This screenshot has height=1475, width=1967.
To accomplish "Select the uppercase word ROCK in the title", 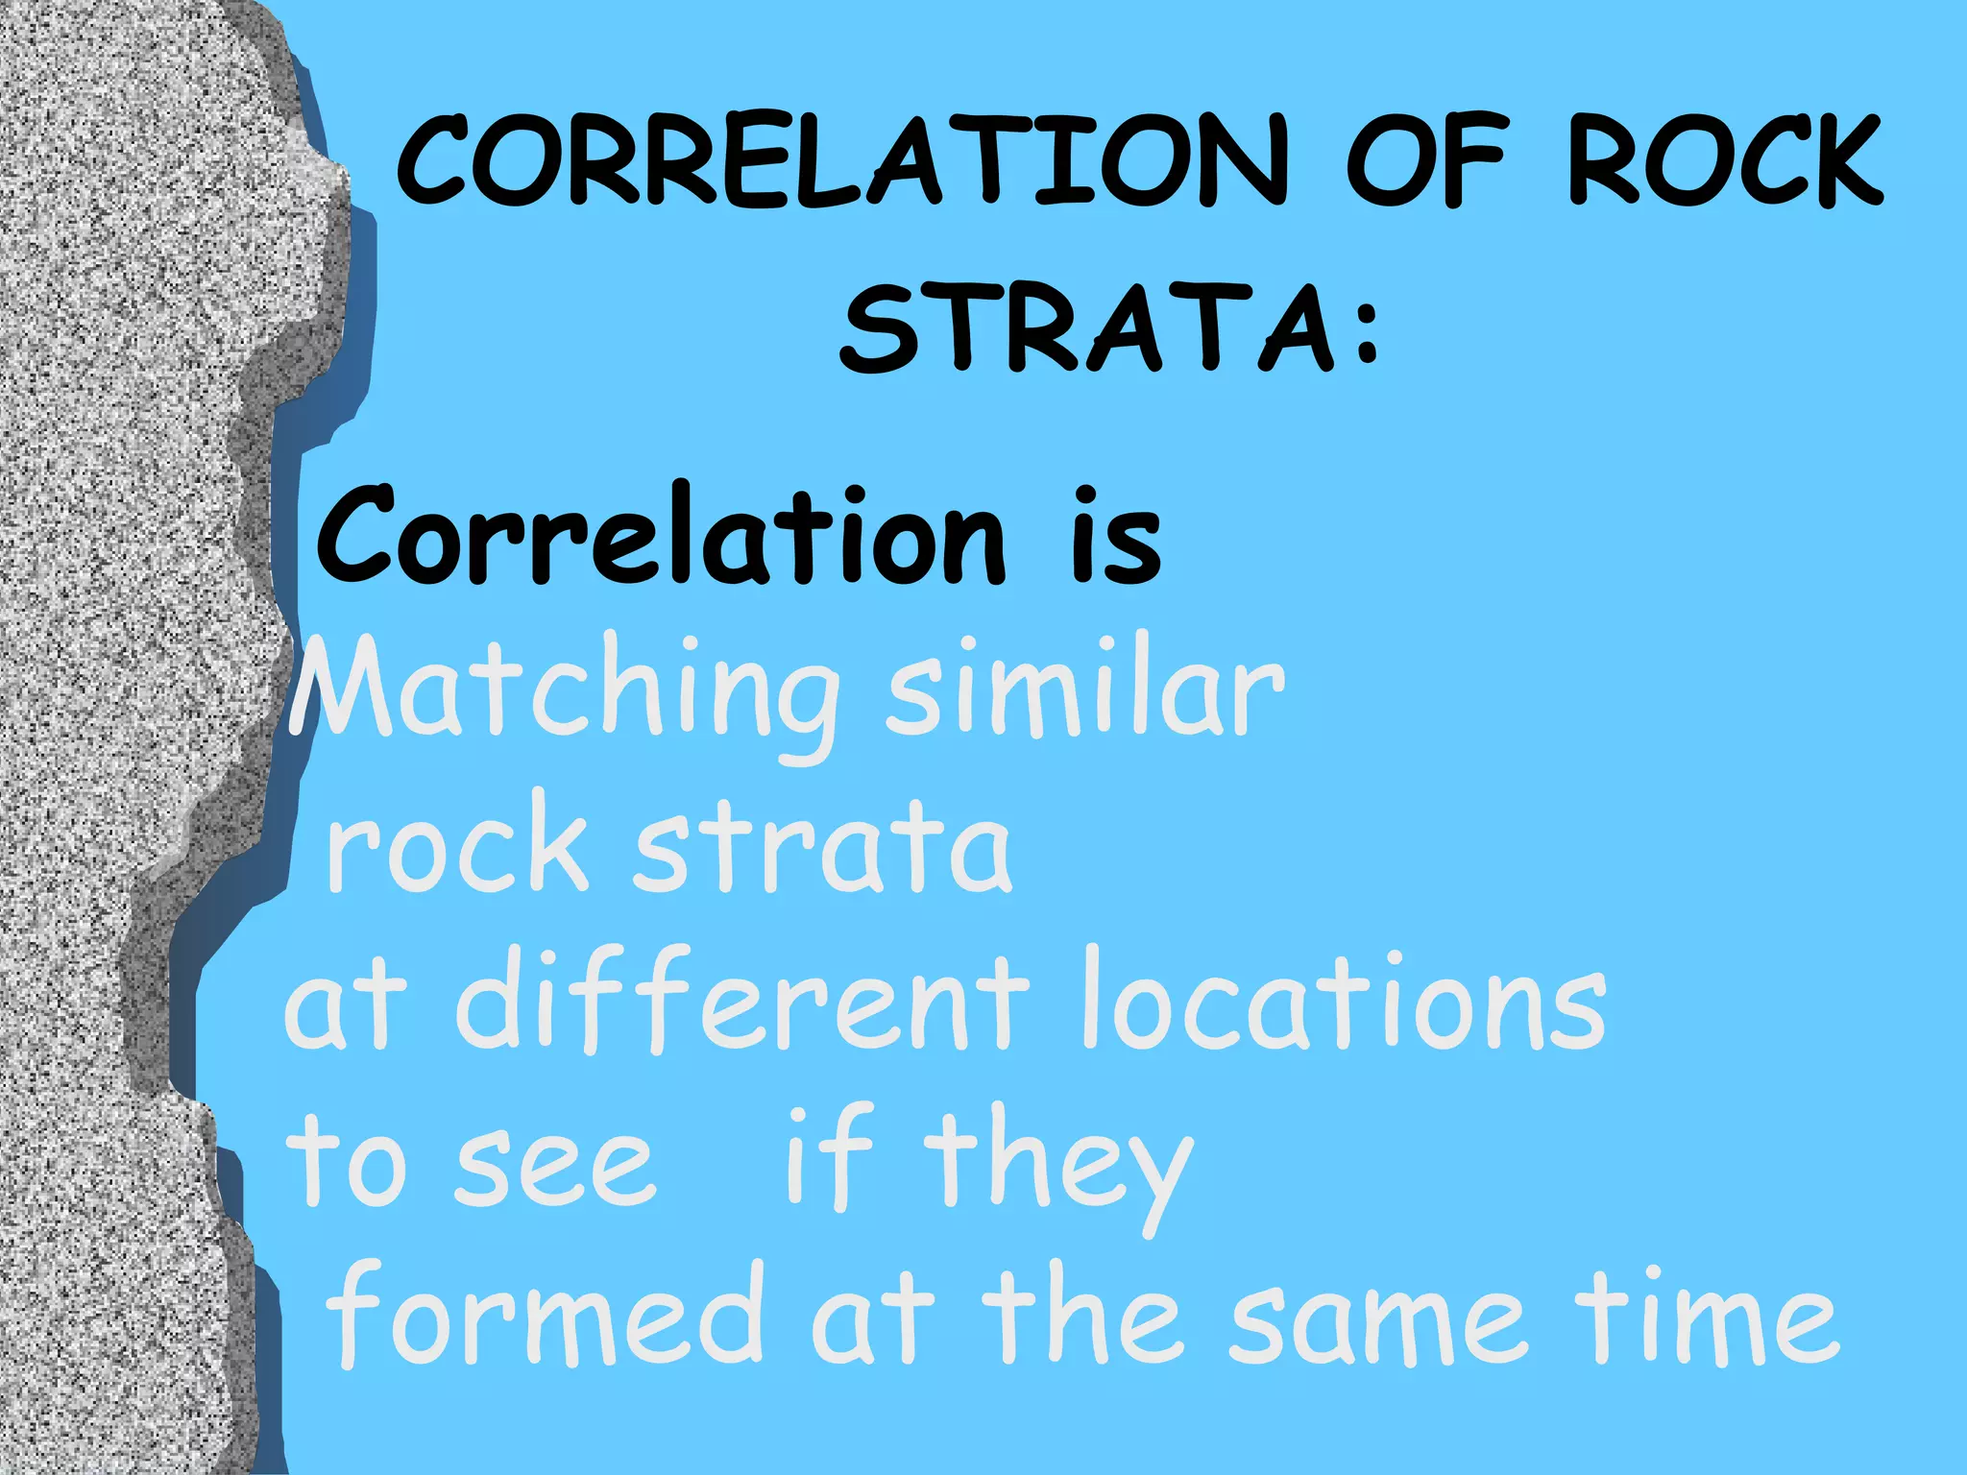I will [x=1725, y=160].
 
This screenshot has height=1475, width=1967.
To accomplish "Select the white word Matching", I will [x=567, y=693].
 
